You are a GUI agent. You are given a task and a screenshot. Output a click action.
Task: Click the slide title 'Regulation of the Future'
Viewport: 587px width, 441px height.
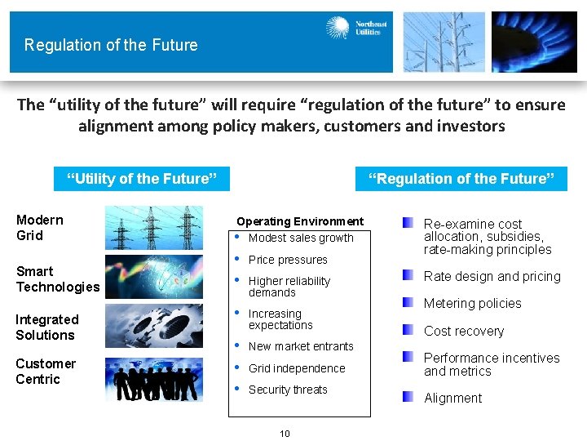(x=111, y=45)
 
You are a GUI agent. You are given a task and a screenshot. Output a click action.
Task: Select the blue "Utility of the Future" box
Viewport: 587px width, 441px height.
(x=141, y=179)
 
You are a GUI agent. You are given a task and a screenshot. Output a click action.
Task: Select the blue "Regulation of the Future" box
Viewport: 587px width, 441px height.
(x=461, y=179)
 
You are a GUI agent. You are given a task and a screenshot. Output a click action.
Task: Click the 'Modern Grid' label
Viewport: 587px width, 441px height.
(x=40, y=227)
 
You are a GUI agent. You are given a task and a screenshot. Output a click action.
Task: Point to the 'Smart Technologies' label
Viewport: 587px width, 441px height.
(x=57, y=278)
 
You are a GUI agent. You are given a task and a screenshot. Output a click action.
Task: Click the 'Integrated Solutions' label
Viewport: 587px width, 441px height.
(x=46, y=327)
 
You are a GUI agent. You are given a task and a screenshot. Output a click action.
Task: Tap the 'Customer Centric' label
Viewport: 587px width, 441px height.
(x=45, y=371)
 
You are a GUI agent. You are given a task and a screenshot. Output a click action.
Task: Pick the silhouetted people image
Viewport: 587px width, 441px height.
(x=154, y=380)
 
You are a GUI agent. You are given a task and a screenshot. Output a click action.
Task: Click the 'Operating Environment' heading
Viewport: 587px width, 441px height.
(x=300, y=221)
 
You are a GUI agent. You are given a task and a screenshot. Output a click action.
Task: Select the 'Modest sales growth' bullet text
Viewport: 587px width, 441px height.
(x=301, y=238)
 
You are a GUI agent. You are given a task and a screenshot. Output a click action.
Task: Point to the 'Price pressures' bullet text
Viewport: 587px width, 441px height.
(x=288, y=260)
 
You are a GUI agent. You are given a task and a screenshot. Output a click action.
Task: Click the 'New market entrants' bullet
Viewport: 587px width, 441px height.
(x=301, y=346)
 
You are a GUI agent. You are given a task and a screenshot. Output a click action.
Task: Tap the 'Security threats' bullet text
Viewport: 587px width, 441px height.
(x=288, y=390)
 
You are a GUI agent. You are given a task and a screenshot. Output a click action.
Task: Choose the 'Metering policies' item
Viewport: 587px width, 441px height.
(x=472, y=303)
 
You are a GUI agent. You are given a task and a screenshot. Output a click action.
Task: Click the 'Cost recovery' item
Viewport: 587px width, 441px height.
(x=463, y=331)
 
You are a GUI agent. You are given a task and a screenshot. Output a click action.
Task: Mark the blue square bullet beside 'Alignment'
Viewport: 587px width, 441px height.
(x=408, y=397)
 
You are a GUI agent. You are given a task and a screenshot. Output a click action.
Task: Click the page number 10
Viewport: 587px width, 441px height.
(x=285, y=434)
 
